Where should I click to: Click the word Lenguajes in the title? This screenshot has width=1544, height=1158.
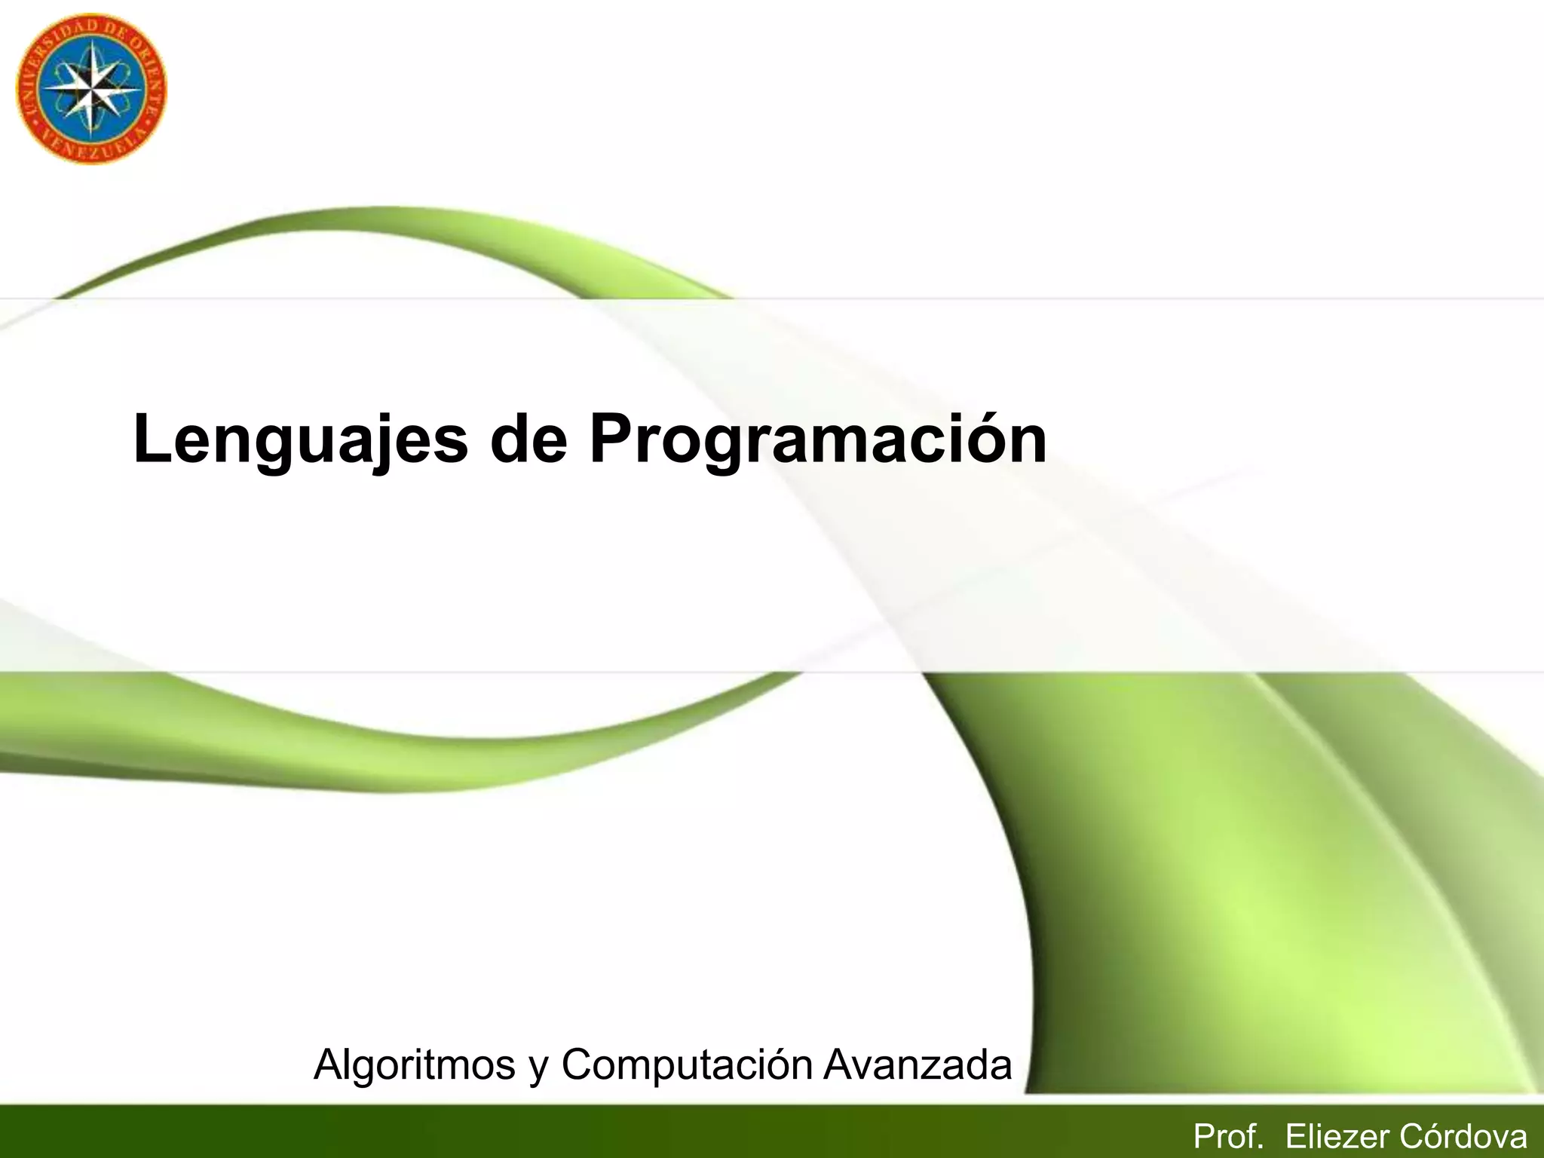tap(300, 440)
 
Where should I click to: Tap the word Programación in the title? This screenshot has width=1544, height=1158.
tap(818, 440)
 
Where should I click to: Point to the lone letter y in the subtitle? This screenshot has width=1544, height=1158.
tap(538, 1069)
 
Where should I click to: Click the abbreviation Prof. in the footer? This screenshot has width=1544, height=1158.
tap(1228, 1136)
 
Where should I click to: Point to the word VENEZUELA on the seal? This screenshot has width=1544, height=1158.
tap(90, 149)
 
